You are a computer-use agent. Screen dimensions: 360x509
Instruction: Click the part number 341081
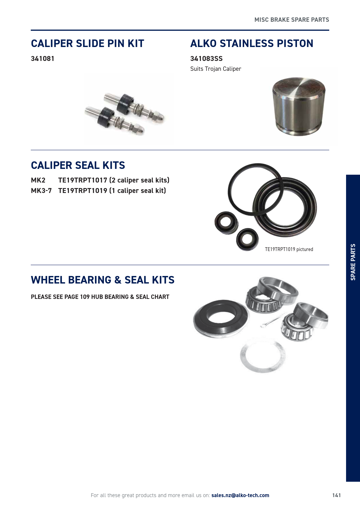[x=43, y=59]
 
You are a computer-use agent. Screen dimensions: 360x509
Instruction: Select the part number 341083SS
[x=206, y=59]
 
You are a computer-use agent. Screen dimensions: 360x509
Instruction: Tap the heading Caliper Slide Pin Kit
[x=87, y=44]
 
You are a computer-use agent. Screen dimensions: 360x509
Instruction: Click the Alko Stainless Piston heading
[x=252, y=44]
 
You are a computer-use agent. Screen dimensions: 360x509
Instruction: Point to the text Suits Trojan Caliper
[x=216, y=69]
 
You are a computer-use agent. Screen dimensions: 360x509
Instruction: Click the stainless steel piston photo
[x=299, y=107]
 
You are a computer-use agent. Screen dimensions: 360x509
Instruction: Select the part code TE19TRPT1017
[x=83, y=180]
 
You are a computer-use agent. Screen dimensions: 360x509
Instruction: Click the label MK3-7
[x=41, y=191]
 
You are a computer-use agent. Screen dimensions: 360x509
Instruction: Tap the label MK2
[x=38, y=180]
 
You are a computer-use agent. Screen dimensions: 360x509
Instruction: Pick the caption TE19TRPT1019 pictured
[x=289, y=249]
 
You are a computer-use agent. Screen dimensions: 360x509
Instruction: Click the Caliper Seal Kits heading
[x=78, y=165]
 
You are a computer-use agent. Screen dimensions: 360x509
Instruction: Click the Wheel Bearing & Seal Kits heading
[x=102, y=280]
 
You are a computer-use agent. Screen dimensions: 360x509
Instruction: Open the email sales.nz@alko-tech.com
[x=240, y=495]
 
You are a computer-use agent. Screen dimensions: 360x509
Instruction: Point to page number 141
[x=336, y=495]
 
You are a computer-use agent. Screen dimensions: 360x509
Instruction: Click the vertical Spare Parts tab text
[x=353, y=262]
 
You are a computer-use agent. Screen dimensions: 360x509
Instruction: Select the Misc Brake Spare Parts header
[x=292, y=20]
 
